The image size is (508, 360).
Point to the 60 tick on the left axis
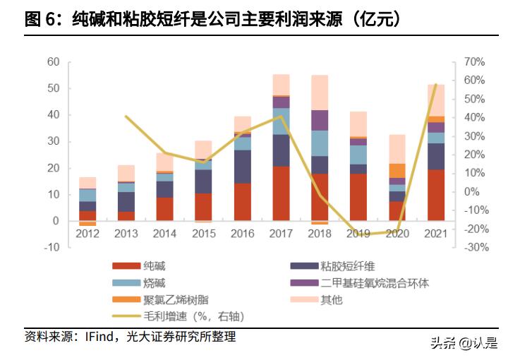[54, 62]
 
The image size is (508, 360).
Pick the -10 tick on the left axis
[52, 248]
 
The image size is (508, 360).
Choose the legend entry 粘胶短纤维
[346, 266]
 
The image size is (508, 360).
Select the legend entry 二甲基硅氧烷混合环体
[375, 283]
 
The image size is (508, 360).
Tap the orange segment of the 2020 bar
[398, 170]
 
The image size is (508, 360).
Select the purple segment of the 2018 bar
[320, 120]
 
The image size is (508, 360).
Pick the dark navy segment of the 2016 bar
[242, 167]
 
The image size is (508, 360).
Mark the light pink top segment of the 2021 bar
[436, 100]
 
